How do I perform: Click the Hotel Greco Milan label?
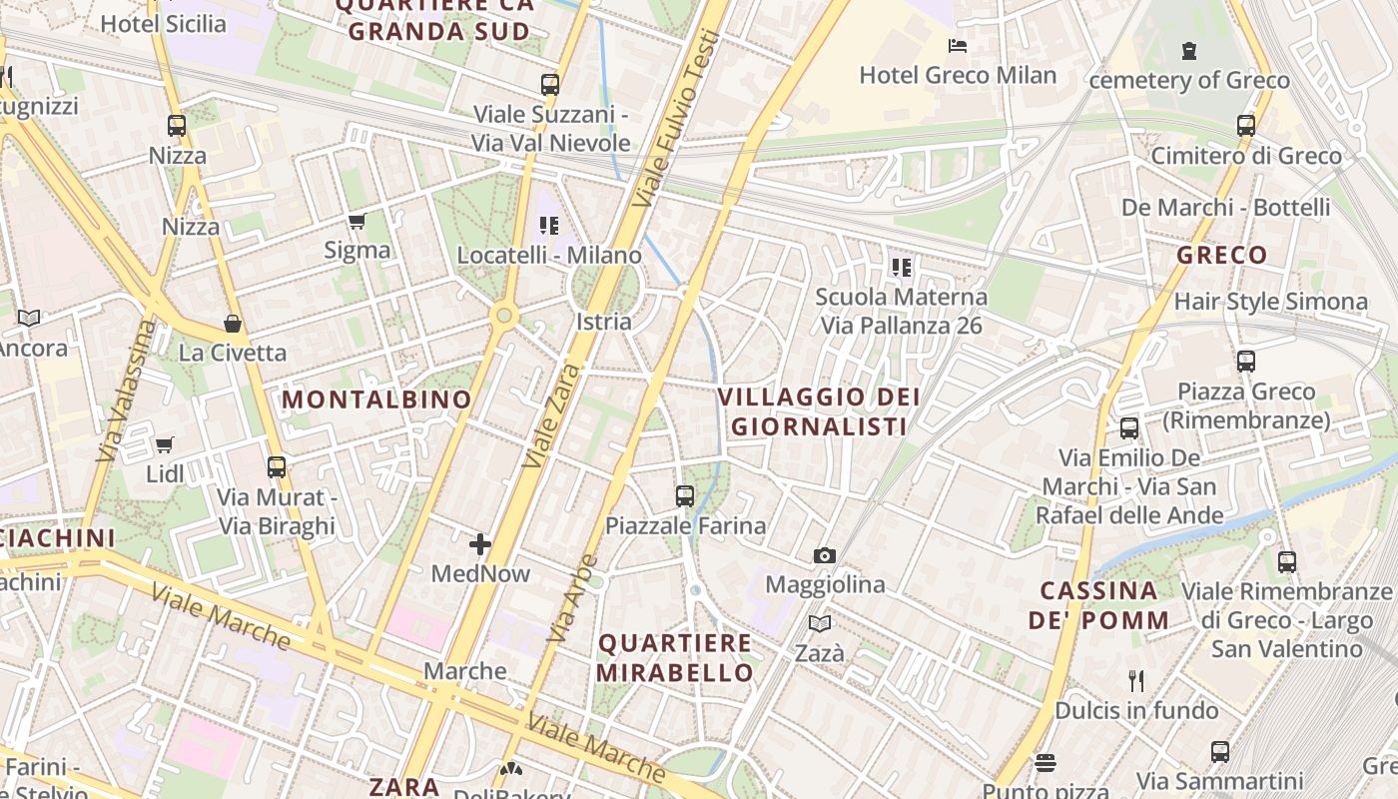958,75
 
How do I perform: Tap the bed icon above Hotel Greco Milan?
958,46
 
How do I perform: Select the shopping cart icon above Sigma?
356,221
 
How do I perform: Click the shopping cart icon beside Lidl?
165,444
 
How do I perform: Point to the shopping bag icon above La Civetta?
233,324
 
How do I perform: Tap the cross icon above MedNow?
480,544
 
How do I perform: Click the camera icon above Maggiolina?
825,555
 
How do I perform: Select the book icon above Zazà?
820,624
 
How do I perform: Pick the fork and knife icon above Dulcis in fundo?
1136,681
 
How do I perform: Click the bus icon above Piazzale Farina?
685,495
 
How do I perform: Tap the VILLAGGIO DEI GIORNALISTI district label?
819,411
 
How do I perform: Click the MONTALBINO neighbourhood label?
376,399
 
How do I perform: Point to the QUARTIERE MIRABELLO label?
675,657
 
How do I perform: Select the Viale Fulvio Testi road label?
676,108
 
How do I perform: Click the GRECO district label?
1221,255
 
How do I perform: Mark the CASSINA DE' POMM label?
1098,604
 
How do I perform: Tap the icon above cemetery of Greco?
1188,50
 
